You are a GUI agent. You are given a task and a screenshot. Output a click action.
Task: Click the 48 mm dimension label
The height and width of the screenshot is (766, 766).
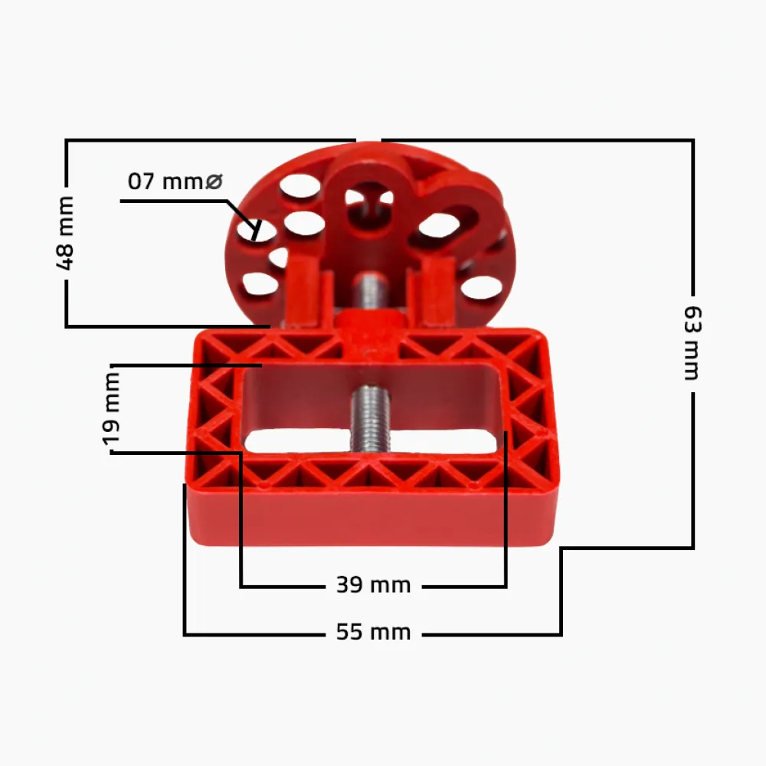(x=65, y=233)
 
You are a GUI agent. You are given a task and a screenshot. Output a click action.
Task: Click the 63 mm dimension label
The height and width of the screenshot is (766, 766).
(x=692, y=343)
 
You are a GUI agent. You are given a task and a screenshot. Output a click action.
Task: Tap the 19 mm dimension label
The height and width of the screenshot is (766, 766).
(x=111, y=409)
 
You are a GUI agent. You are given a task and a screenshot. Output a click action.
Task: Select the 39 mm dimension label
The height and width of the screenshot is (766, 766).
(x=374, y=584)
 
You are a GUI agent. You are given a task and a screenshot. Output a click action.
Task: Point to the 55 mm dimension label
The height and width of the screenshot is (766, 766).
(x=374, y=632)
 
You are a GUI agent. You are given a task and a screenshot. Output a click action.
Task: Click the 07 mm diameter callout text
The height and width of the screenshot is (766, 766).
(x=175, y=182)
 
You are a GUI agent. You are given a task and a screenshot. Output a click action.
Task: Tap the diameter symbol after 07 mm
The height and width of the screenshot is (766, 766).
(x=214, y=182)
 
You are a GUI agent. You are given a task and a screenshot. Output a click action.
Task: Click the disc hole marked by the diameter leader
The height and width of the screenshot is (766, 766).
(x=256, y=231)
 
